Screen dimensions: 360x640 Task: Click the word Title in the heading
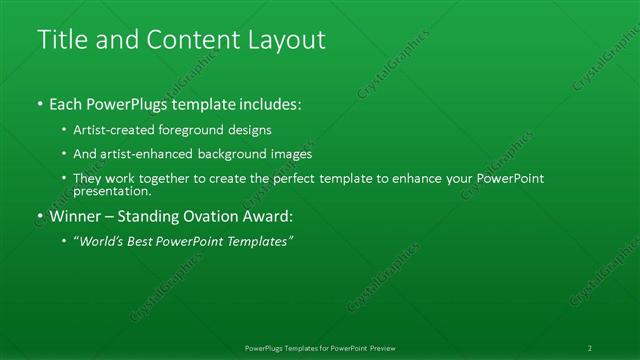point(60,40)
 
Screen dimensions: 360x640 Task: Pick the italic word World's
point(102,241)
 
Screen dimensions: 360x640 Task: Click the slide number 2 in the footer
point(590,348)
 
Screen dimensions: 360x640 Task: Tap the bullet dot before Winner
point(39,216)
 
